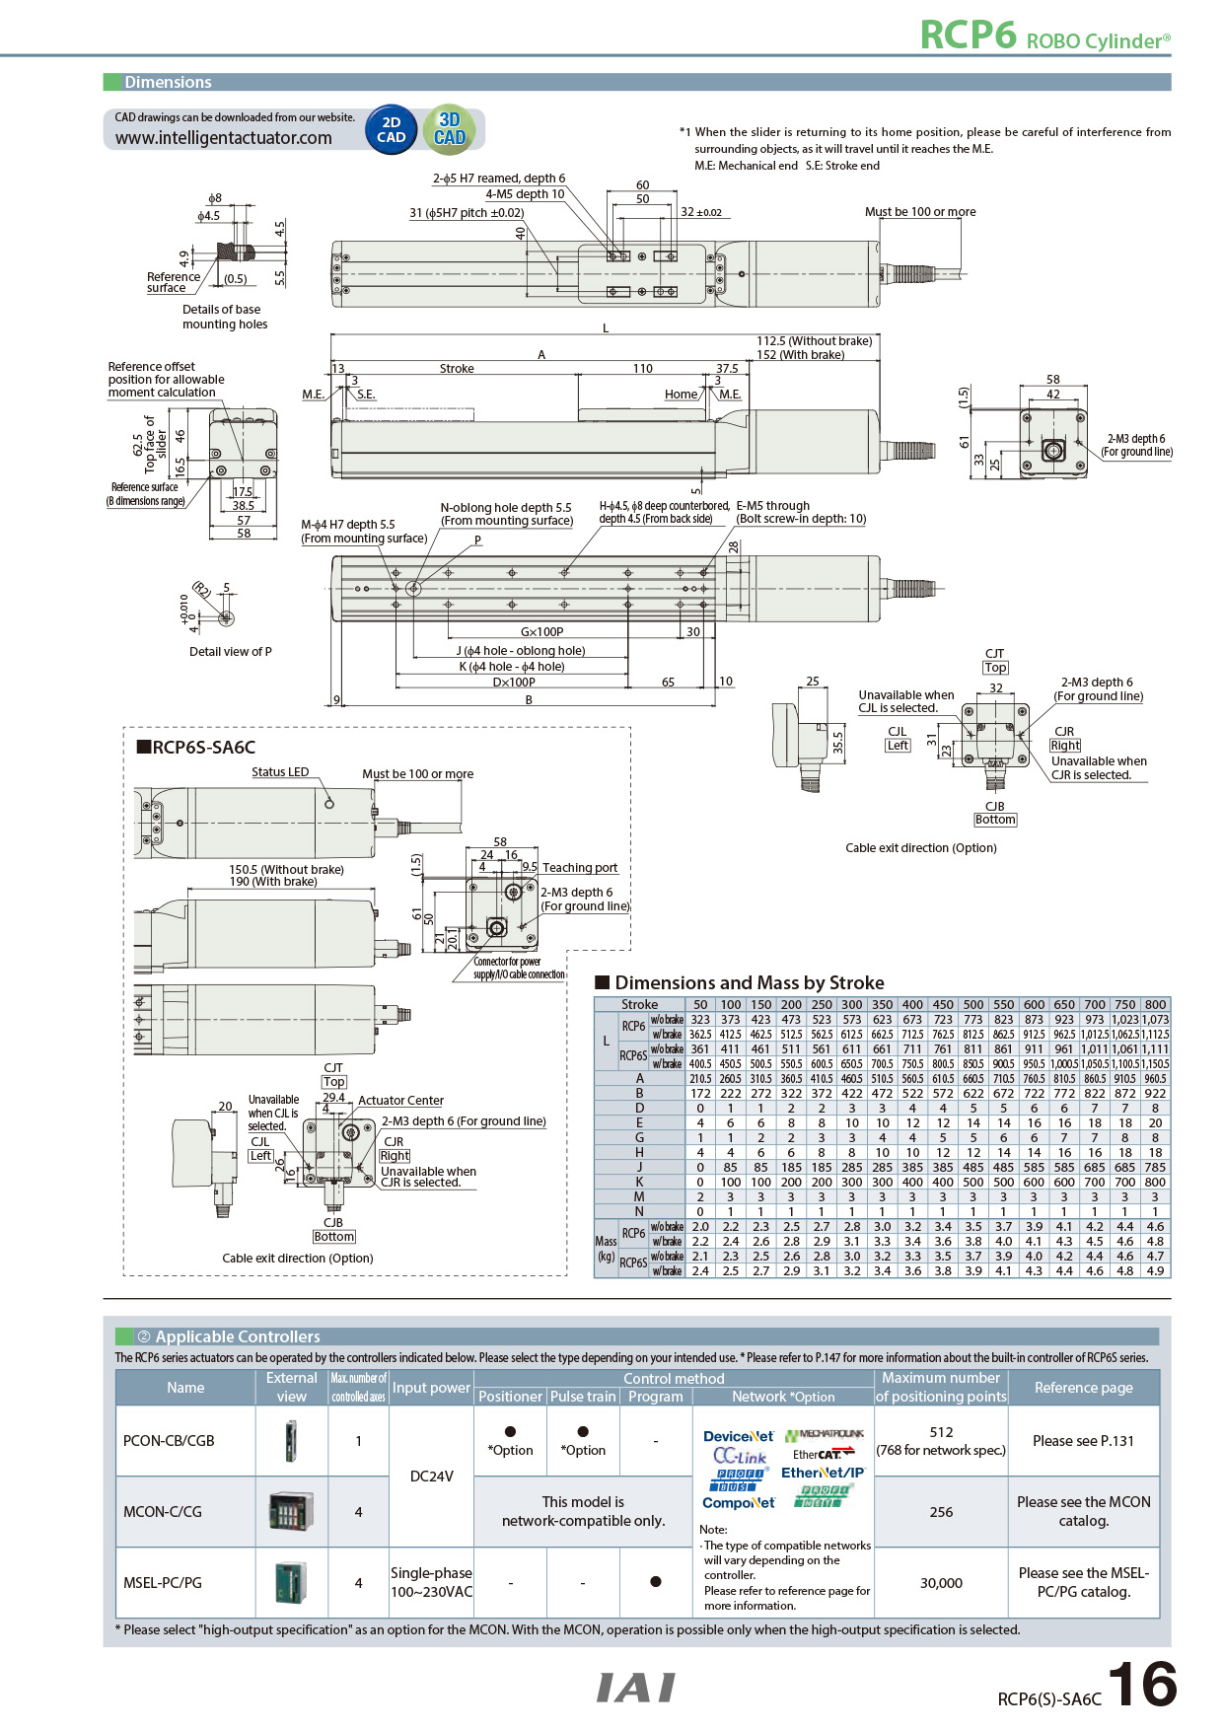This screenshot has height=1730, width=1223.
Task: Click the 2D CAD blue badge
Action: [392, 130]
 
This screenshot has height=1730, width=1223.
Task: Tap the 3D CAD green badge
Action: [450, 129]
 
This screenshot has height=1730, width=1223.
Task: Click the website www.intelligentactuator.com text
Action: [223, 138]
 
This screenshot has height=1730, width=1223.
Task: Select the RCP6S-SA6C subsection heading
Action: [195, 748]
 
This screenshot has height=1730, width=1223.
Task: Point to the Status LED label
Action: [280, 772]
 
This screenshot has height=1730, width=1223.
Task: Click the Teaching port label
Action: [580, 868]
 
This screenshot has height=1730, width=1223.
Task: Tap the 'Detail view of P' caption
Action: [230, 652]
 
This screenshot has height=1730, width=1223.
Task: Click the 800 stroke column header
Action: [1155, 1005]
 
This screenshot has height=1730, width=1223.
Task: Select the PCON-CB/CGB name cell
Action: [169, 1441]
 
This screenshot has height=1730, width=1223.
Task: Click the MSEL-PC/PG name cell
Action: [163, 1583]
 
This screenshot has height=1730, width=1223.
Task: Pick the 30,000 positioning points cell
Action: [941, 1583]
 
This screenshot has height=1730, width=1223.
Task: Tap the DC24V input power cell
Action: [431, 1477]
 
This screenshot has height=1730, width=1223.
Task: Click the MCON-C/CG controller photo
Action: [292, 1511]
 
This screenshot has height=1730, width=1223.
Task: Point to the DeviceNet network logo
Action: [738, 1436]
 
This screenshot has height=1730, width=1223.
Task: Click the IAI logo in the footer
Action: [636, 1688]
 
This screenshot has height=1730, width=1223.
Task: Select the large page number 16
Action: [1142, 1685]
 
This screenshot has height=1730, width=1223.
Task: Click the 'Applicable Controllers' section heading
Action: [237, 1336]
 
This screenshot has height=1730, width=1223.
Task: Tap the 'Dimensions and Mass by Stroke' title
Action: [749, 982]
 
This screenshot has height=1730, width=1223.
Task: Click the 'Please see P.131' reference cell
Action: [1083, 1441]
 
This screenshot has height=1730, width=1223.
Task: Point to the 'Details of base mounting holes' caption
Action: [225, 317]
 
